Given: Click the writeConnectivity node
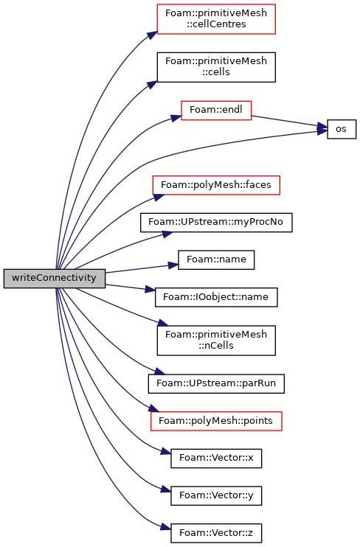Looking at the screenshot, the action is point(54,279).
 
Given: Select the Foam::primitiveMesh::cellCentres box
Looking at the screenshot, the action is point(216,19).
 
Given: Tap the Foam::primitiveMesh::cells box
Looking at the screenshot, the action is point(216,67).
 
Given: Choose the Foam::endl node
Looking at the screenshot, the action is point(216,111).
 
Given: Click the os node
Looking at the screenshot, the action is point(342,129).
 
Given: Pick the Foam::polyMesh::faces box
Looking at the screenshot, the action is point(216,185).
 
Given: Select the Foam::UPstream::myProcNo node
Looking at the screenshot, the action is point(216,222).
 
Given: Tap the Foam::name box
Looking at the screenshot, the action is point(216,259).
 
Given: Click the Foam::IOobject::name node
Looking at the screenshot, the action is point(216,297).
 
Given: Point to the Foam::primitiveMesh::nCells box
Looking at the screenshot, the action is point(216,341).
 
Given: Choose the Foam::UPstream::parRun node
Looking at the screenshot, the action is point(216,383).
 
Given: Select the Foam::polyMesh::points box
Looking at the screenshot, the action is point(216,421).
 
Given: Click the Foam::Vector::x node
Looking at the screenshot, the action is point(216,459).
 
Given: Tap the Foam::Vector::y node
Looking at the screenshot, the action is point(216,495).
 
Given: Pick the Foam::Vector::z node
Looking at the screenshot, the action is point(216,533).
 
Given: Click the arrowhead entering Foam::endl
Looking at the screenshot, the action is point(177,117).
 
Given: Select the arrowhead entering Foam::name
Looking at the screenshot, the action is point(173,265).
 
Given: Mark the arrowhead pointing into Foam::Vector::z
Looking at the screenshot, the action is point(166,528).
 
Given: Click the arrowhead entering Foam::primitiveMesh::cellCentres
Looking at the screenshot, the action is point(153,35).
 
